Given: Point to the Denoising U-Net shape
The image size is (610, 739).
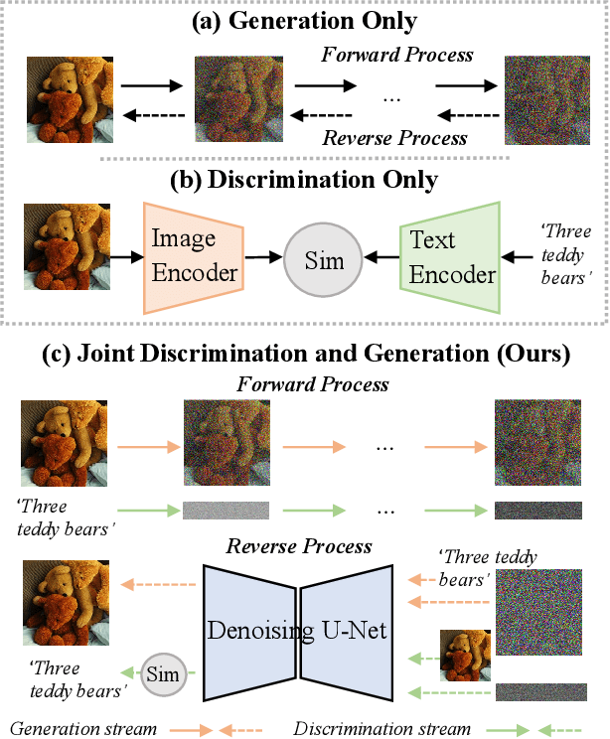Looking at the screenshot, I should pos(298,630).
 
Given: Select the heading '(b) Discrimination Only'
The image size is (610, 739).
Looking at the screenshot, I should pos(305,181).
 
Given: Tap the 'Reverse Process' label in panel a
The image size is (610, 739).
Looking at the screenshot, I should pos(394,137).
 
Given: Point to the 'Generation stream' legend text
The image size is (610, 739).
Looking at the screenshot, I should pos(84,728).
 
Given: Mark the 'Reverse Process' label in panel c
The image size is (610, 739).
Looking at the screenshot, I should pos(298,546).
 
